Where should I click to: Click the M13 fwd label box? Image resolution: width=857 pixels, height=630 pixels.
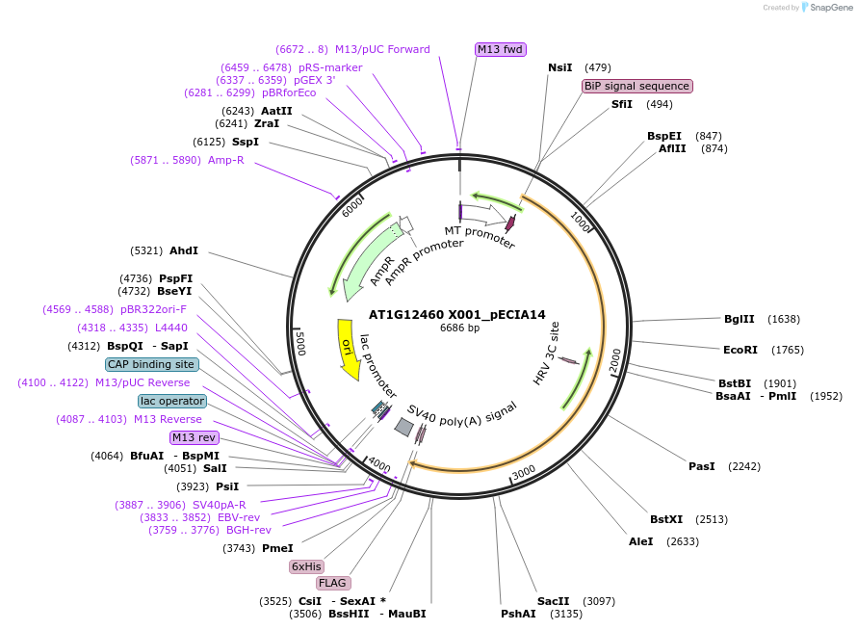pyautogui.click(x=501, y=49)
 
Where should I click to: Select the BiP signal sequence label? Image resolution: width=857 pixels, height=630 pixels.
pyautogui.click(x=636, y=86)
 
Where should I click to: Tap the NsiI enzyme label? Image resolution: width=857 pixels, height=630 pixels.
pyautogui.click(x=559, y=67)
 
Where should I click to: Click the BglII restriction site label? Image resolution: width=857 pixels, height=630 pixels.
pyautogui.click(x=739, y=319)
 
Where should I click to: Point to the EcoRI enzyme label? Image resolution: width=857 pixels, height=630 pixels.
pyautogui.click(x=740, y=350)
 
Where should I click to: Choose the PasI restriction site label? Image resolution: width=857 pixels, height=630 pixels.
pyautogui.click(x=701, y=466)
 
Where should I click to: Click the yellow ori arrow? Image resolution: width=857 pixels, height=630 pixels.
pyautogui.click(x=348, y=347)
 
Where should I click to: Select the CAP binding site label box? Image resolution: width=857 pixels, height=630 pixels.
pyautogui.click(x=152, y=364)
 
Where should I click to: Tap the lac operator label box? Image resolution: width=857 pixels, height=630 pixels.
pyautogui.click(x=172, y=401)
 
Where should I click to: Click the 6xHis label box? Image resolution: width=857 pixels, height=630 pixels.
pyautogui.click(x=306, y=566)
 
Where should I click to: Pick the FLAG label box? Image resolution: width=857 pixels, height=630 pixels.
pyautogui.click(x=333, y=583)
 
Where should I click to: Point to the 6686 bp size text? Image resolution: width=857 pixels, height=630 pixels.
pyautogui.click(x=459, y=328)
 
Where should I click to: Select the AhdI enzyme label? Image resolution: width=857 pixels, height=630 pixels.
pyautogui.click(x=183, y=250)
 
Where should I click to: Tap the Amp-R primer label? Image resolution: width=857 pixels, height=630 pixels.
pyautogui.click(x=225, y=160)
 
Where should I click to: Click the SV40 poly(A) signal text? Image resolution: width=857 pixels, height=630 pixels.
pyautogui.click(x=462, y=413)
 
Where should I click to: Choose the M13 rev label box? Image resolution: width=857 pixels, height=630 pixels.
pyautogui.click(x=195, y=437)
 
